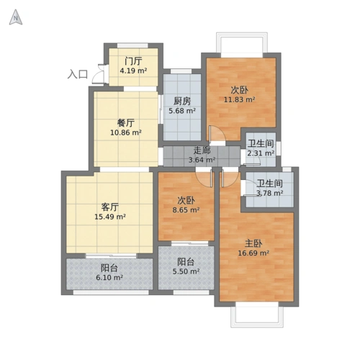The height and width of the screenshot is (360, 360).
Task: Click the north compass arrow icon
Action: pyautogui.click(x=14, y=19)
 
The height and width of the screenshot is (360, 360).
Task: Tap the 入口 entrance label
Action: pyautogui.click(x=78, y=73)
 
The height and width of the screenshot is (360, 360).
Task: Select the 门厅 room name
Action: pyautogui.click(x=132, y=60)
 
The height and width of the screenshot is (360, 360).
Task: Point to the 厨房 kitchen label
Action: pyautogui.click(x=181, y=101)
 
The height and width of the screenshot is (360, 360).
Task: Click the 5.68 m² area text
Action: pyautogui.click(x=181, y=111)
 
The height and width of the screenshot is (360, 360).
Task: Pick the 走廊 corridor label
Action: pyautogui.click(x=202, y=150)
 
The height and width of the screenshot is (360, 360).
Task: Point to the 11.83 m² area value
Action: pyautogui.click(x=240, y=100)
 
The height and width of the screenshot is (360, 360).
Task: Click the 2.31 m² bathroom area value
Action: pyautogui.click(x=260, y=153)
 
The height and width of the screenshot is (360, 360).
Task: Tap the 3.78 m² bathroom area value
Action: pyautogui.click(x=270, y=194)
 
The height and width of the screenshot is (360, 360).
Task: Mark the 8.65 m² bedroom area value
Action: pyautogui.click(x=186, y=211)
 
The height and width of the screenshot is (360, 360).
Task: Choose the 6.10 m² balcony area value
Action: pyautogui.click(x=109, y=277)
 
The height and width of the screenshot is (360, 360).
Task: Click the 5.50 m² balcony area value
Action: pyautogui.click(x=186, y=272)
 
